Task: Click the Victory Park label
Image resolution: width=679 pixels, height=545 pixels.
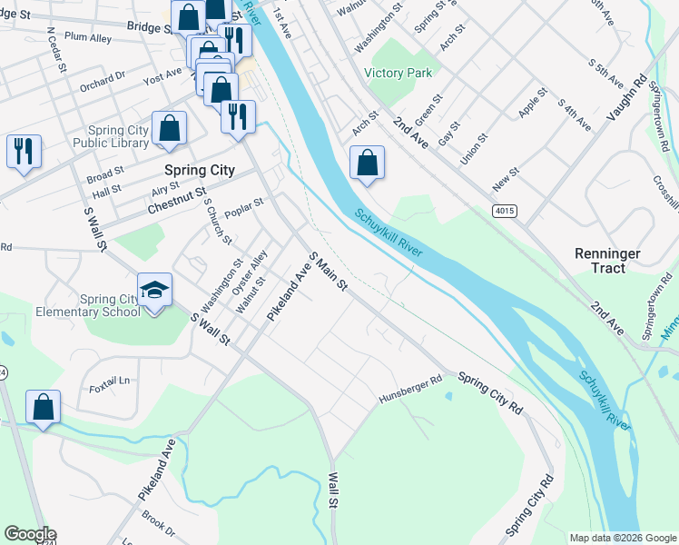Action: pyautogui.click(x=398, y=73)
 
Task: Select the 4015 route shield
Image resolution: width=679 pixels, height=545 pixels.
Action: pyautogui.click(x=505, y=211)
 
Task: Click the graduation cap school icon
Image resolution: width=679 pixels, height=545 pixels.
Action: pyautogui.click(x=154, y=291)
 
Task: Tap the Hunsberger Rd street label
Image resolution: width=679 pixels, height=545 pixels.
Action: pyautogui.click(x=409, y=391)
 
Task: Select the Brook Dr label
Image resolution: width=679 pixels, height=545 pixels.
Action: pyautogui.click(x=158, y=525)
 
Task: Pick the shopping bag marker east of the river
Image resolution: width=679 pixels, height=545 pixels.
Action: pyautogui.click(x=367, y=163)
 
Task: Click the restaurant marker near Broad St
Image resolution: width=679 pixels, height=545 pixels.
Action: pyautogui.click(x=24, y=152)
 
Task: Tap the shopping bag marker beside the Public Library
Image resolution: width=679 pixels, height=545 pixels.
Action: pyautogui.click(x=170, y=129)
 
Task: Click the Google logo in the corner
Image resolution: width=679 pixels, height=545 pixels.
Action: pyautogui.click(x=29, y=534)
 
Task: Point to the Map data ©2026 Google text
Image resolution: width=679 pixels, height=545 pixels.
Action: pyautogui.click(x=623, y=538)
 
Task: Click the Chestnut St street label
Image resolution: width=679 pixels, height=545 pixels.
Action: pyautogui.click(x=176, y=202)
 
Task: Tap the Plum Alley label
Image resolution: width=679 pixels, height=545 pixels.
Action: pyautogui.click(x=88, y=38)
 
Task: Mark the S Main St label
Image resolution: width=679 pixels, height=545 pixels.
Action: pyautogui.click(x=328, y=272)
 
